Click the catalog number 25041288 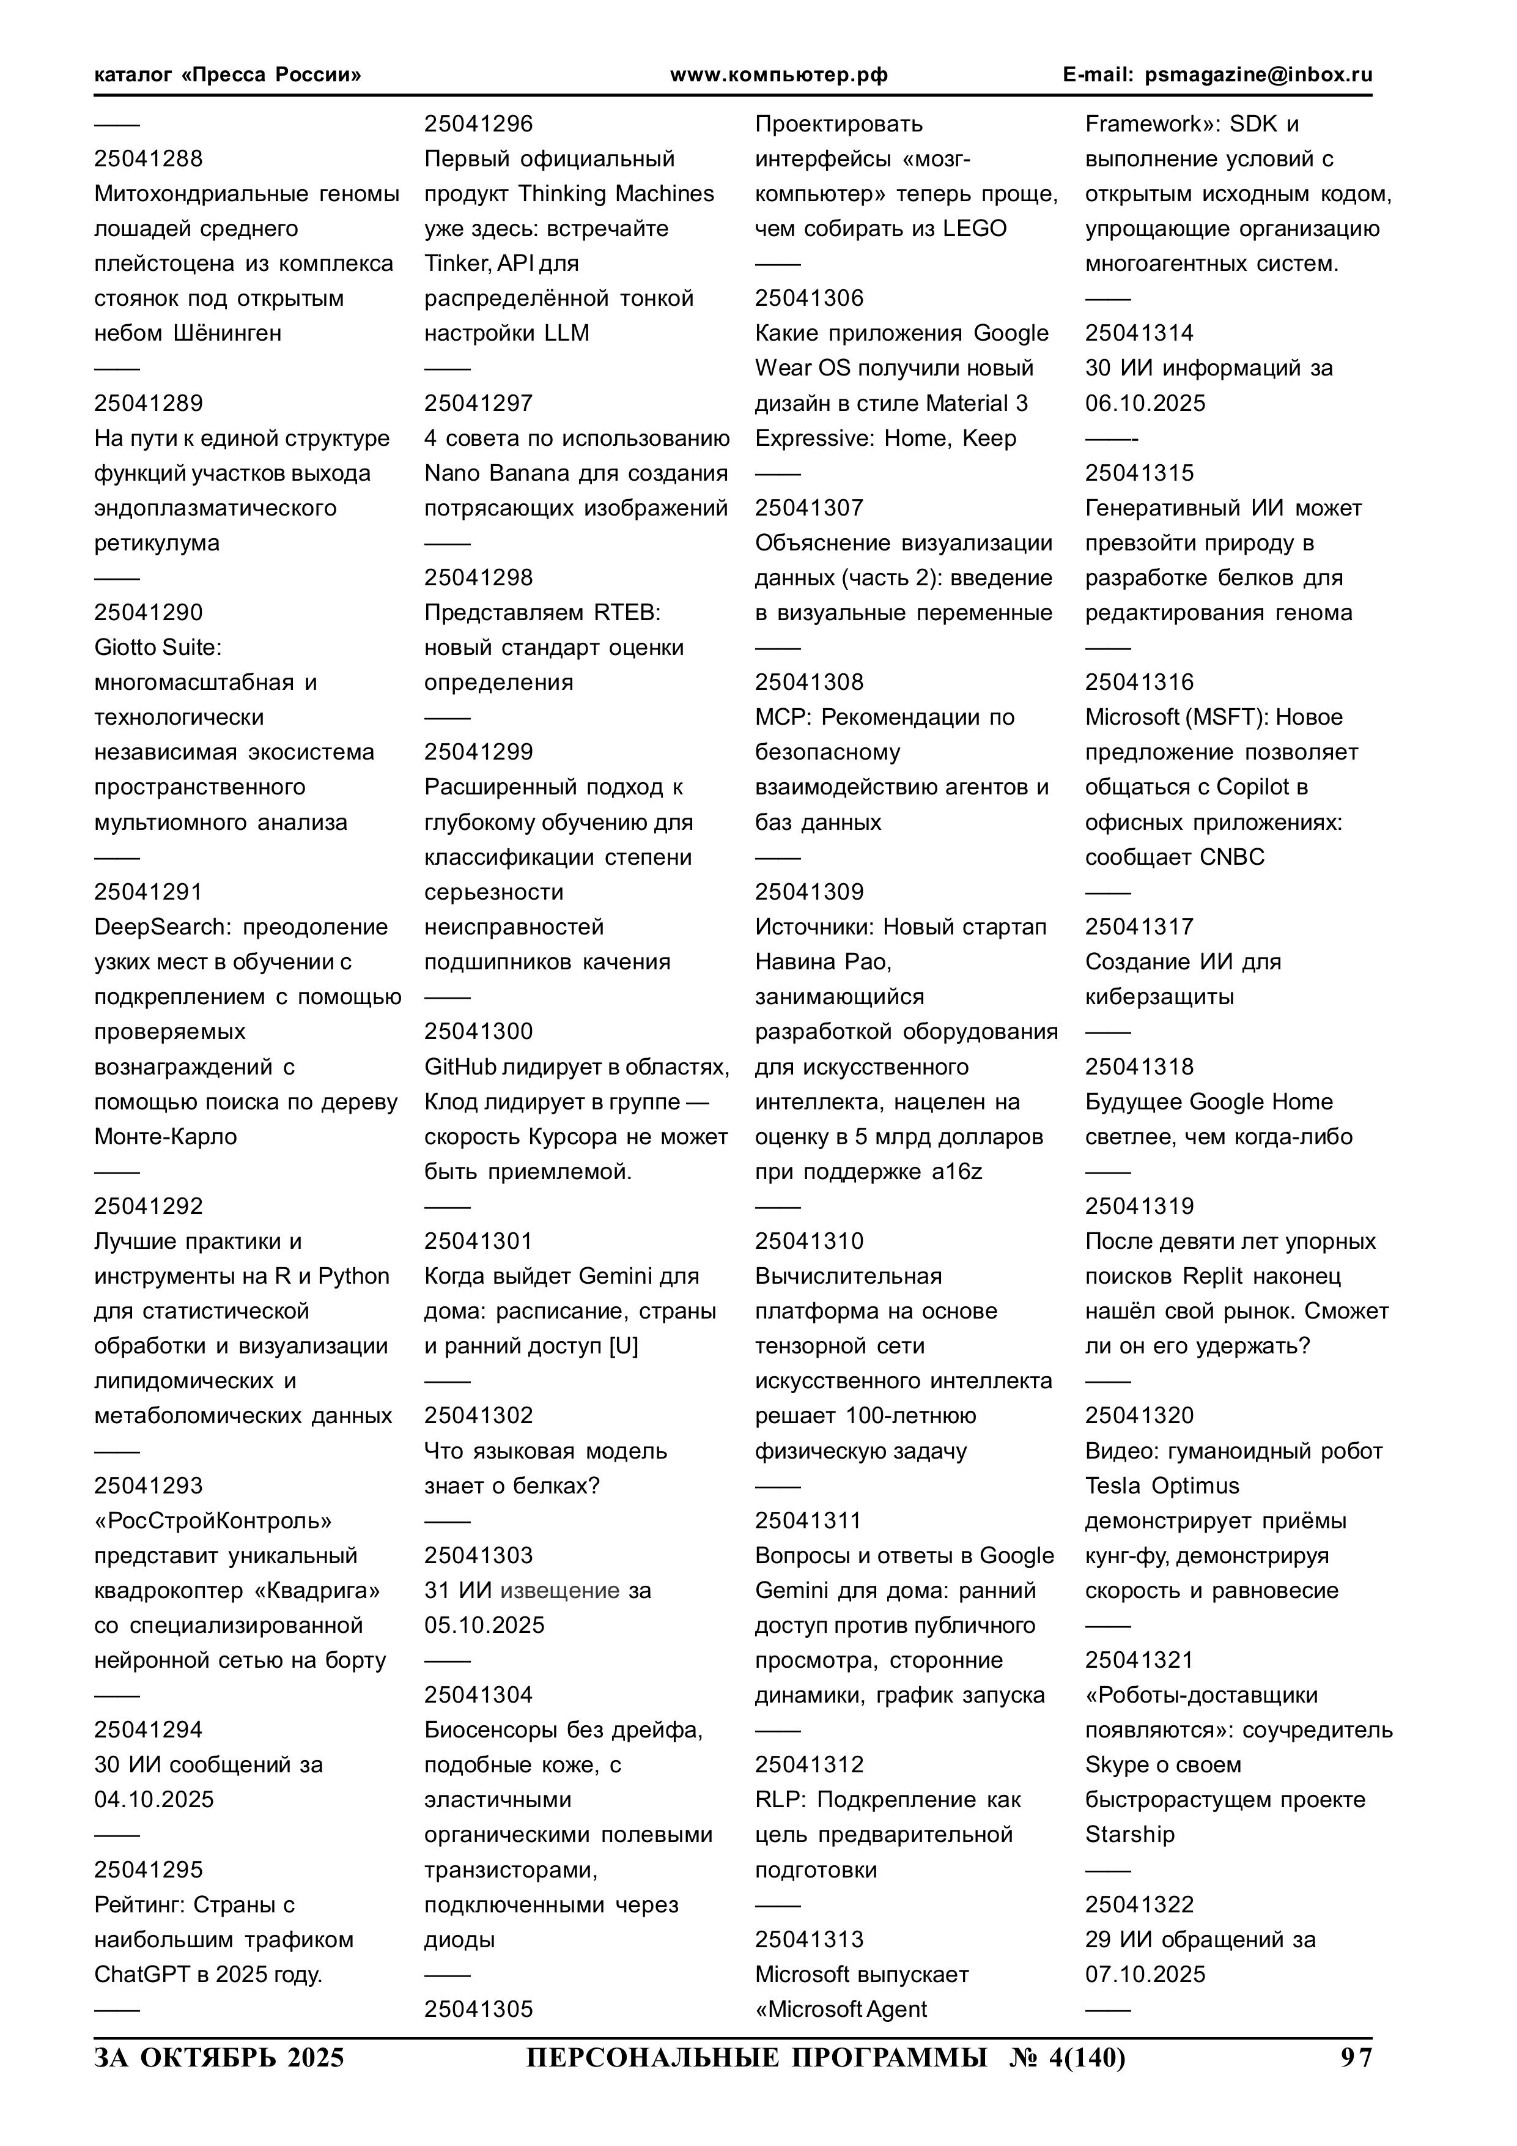(x=148, y=159)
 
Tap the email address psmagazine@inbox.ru (x=1258, y=75)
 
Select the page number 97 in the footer (x=1356, y=2058)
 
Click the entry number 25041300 (x=479, y=1032)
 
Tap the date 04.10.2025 (x=153, y=1800)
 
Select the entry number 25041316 (x=1139, y=683)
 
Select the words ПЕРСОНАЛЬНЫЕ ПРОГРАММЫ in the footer (x=756, y=2058)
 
